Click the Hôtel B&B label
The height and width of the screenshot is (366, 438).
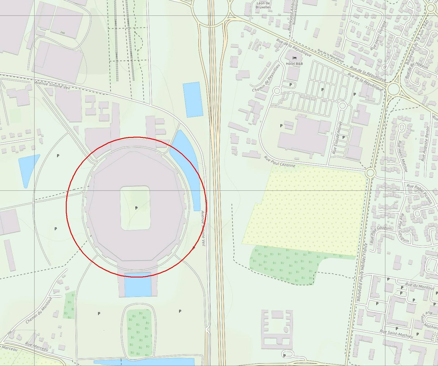294,63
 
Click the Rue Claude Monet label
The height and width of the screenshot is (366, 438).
338,138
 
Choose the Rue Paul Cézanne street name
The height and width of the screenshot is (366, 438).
280,162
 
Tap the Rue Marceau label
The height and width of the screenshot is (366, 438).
36,346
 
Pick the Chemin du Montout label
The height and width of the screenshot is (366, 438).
39,310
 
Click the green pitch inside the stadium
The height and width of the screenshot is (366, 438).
135,208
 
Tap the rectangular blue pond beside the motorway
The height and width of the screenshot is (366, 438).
192,99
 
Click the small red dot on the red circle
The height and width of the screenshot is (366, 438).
193,248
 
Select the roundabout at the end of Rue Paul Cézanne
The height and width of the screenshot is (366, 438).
370,172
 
